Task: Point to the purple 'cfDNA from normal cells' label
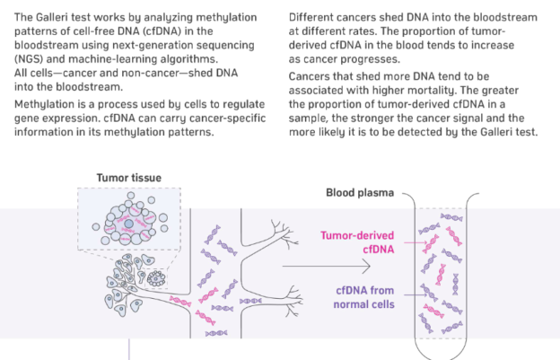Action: tap(365, 297)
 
